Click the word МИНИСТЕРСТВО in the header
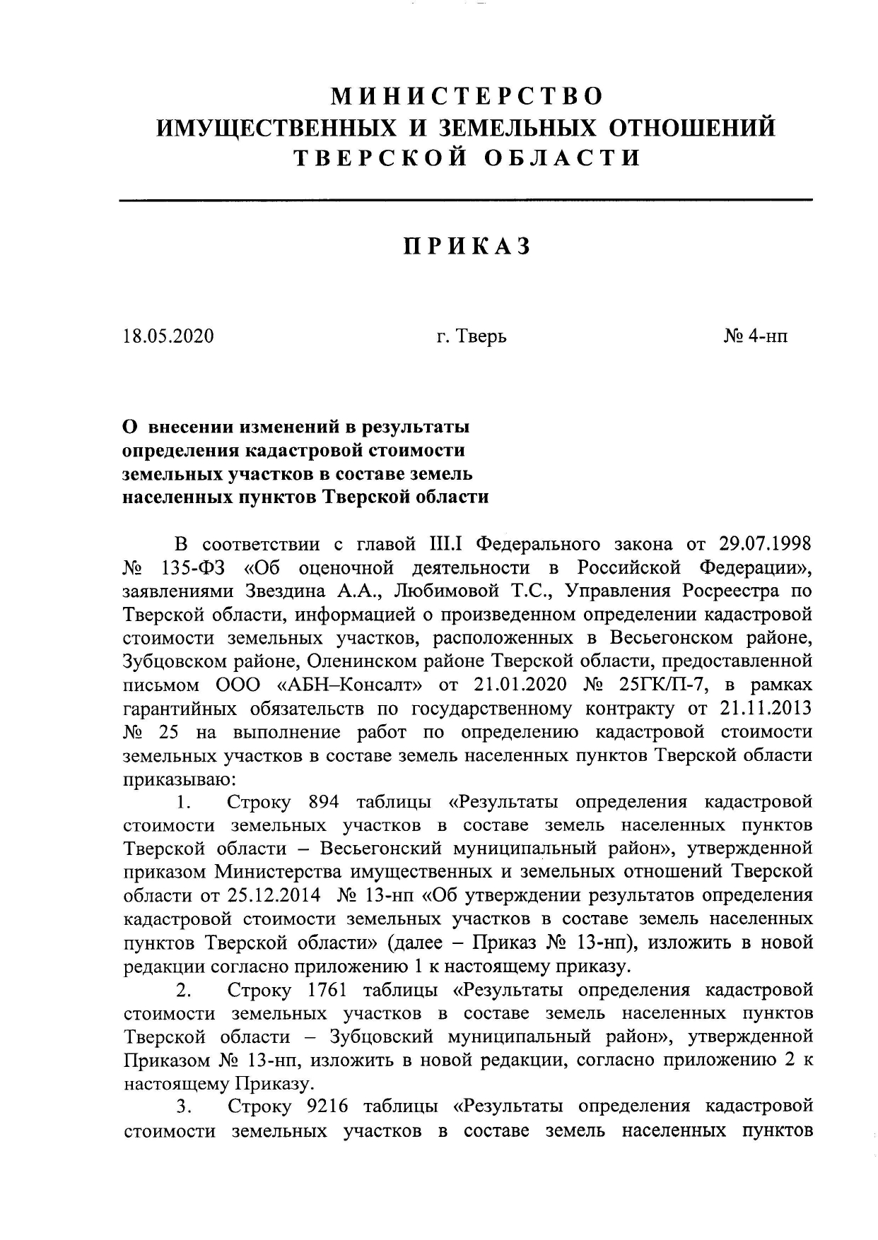click(x=467, y=95)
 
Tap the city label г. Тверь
click(x=472, y=336)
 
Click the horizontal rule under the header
click(x=466, y=201)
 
